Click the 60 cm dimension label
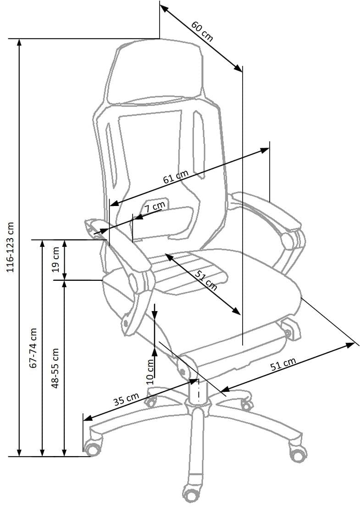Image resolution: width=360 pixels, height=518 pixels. [202, 32]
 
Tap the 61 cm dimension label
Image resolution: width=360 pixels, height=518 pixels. [176, 177]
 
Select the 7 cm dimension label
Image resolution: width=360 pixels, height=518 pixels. [155, 207]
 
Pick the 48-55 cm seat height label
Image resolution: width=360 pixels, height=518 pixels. [55, 368]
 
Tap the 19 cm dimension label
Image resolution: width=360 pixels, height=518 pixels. [55, 259]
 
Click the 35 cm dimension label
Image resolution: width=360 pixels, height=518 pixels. [126, 400]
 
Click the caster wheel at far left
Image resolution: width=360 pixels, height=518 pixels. [93, 447]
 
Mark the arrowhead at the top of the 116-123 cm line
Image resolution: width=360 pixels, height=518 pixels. [19, 42]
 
